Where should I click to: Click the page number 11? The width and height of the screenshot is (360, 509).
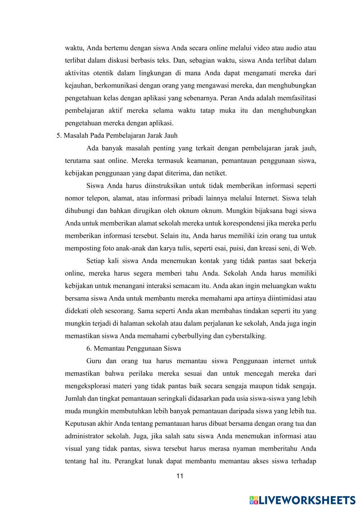(x=180, y=476)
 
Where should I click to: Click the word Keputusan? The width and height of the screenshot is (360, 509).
(x=80, y=424)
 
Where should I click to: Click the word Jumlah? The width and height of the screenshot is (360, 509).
(x=75, y=399)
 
